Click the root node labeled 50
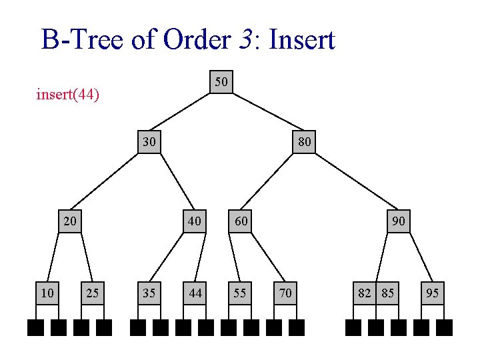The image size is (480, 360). click(x=221, y=82)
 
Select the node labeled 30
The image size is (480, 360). click(x=149, y=142)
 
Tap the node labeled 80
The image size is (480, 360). click(x=304, y=142)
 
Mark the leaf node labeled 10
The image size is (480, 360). click(x=47, y=293)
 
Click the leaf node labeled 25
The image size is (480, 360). click(x=93, y=293)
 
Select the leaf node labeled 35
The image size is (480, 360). click(x=149, y=293)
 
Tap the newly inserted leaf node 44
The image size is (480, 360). click(x=195, y=293)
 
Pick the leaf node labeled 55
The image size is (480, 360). click(x=240, y=293)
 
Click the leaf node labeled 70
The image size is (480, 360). click(x=285, y=293)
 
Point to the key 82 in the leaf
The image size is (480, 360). click(x=365, y=293)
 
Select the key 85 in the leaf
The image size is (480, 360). click(x=387, y=293)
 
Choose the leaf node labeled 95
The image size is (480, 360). click(x=433, y=293)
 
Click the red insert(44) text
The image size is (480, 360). click(x=68, y=95)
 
